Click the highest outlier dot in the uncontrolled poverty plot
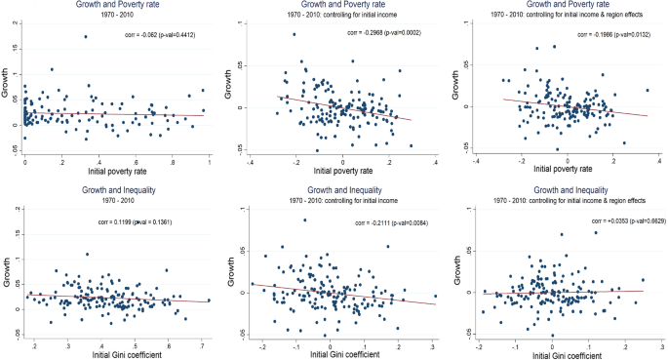(x=86, y=37)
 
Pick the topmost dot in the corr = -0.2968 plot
(x=294, y=35)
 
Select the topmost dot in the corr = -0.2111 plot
(x=306, y=220)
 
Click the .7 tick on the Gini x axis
(x=204, y=346)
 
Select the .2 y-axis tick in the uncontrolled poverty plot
(x=14, y=21)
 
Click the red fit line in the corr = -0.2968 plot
(x=341, y=106)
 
